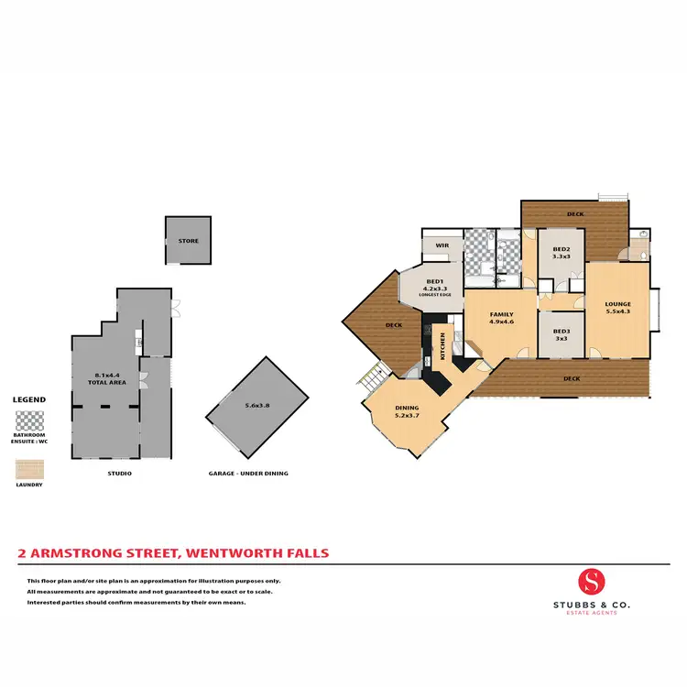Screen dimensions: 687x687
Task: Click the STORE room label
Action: point(188,241)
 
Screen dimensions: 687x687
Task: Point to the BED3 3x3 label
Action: point(560,334)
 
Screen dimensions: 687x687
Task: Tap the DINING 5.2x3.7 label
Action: point(407,410)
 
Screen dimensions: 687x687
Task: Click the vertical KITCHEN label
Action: point(443,346)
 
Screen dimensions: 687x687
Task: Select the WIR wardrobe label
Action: point(442,245)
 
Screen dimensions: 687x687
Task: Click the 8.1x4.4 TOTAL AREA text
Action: point(110,378)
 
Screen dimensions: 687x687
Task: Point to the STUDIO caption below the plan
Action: point(120,474)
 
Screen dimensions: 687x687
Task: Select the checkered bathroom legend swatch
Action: point(29,421)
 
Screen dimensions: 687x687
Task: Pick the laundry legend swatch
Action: point(29,469)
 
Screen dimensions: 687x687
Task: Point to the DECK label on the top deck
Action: point(574,213)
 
